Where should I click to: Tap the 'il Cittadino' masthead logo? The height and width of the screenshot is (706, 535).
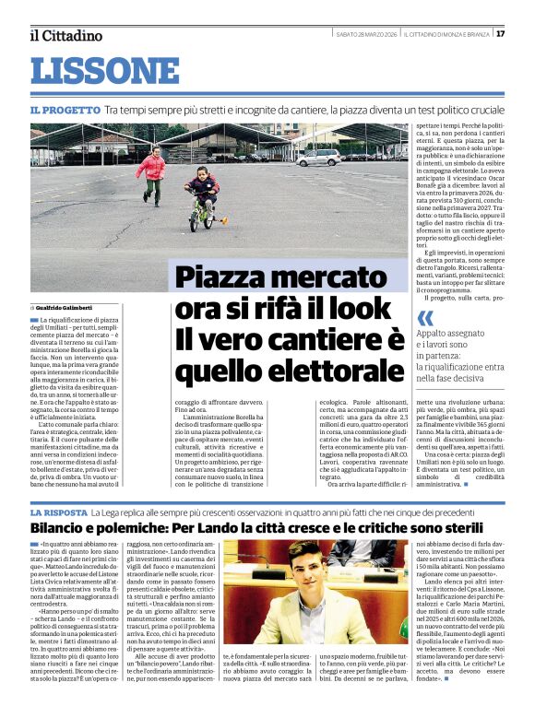[66, 35]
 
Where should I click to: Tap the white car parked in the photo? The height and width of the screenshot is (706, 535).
[317, 157]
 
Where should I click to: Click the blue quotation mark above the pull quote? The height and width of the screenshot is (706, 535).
[425, 318]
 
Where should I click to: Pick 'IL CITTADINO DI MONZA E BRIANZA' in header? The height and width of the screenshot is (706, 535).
[446, 34]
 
